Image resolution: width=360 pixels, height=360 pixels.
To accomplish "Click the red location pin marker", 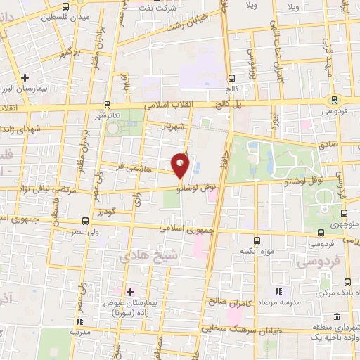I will (x=181, y=166).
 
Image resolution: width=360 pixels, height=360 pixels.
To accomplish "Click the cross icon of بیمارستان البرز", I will (x=25, y=77).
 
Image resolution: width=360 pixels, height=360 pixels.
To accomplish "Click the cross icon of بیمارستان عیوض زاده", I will (x=130, y=291).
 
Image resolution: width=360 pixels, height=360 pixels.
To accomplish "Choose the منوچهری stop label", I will (x=345, y=225).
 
